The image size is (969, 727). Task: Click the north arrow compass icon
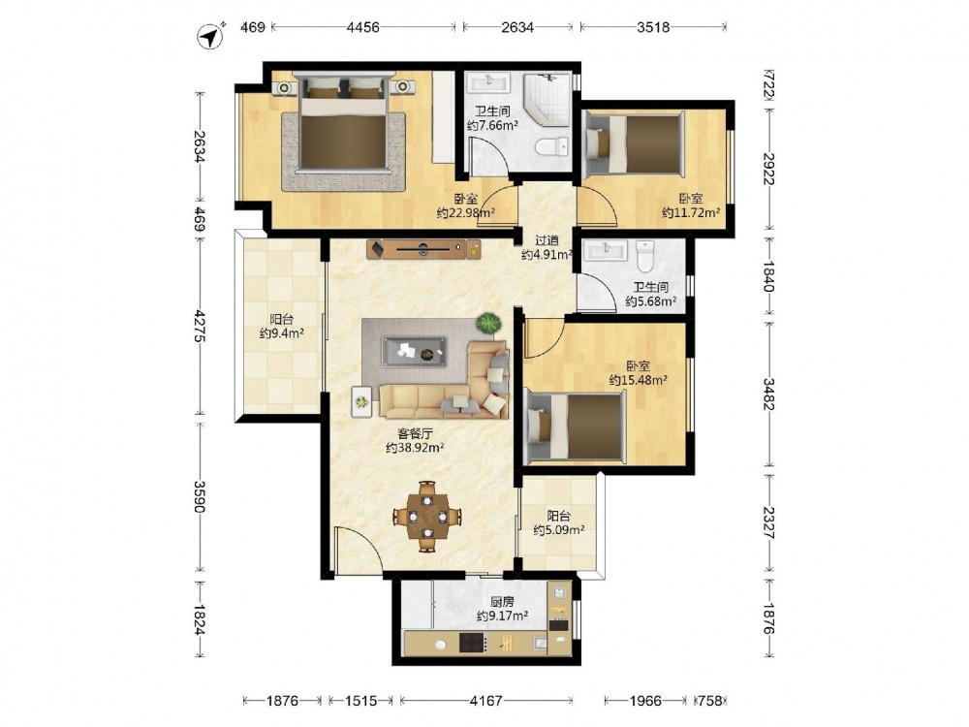[x=210, y=36]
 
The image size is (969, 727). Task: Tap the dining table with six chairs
[x=427, y=517]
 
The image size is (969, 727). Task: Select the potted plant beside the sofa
[x=488, y=324]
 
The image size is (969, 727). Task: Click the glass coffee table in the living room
[x=414, y=352]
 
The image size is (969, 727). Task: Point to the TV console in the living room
[x=423, y=249]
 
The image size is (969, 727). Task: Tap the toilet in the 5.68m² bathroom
[x=644, y=256]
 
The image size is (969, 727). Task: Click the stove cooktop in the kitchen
[x=474, y=643]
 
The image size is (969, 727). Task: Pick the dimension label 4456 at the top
[x=362, y=27]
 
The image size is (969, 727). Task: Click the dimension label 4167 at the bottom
[x=485, y=701]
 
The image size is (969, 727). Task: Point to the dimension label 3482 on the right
[x=768, y=394]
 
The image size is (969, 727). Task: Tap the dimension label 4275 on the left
[x=199, y=326]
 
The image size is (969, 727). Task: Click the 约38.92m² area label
[x=416, y=448]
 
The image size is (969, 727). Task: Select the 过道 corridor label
[x=547, y=240]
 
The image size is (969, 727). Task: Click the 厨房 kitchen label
[x=502, y=601]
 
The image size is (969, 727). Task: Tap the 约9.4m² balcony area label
[x=282, y=333]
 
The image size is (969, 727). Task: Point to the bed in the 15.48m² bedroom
[x=574, y=427]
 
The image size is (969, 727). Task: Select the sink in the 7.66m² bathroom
[x=487, y=82]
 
